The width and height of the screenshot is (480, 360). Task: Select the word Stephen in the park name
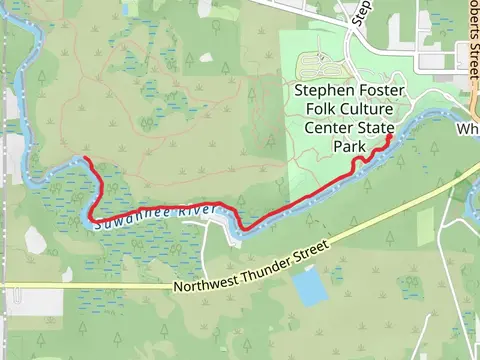318,91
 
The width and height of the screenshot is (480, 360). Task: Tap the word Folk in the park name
309,109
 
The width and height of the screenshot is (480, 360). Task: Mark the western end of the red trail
86,160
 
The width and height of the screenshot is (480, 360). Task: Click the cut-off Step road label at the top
363,12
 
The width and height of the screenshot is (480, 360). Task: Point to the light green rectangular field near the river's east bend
425,221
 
